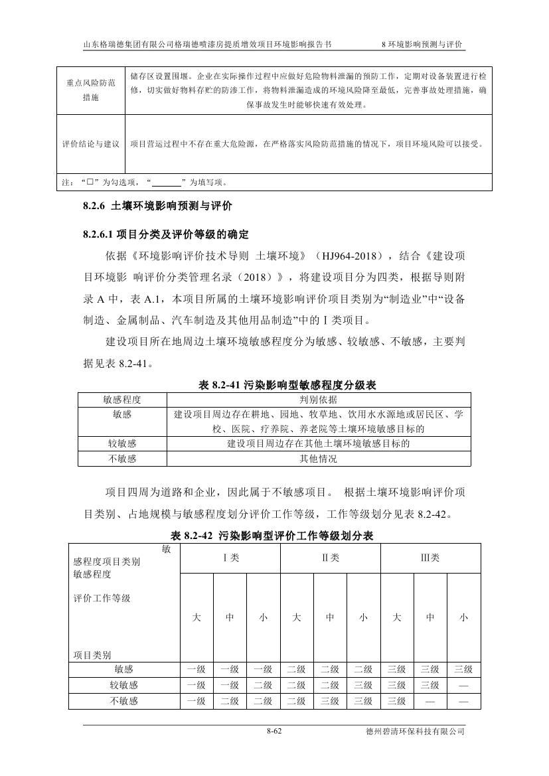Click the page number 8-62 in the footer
coord(274,732)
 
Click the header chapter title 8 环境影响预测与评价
coord(423,44)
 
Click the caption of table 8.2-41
coord(287,384)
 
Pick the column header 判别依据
coord(318,400)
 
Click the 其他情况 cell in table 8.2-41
coord(318,459)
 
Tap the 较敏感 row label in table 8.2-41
coord(122,443)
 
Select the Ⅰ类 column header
coord(230,558)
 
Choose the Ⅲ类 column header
coord(430,558)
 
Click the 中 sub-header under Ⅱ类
coord(330,617)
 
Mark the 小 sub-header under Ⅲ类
coord(463,617)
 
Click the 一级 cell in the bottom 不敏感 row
coord(196,701)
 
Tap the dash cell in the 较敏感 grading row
coord(463,685)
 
